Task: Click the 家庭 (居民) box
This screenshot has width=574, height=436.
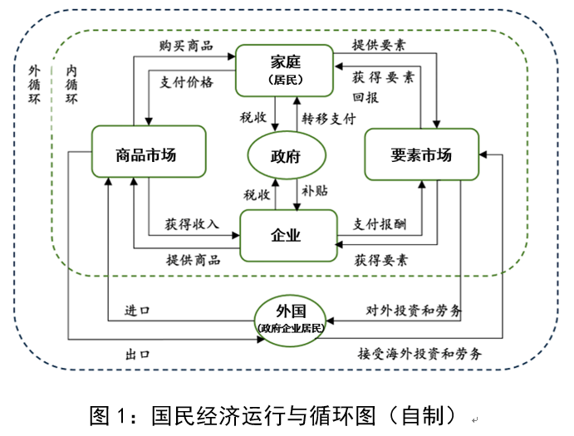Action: pyautogui.click(x=285, y=69)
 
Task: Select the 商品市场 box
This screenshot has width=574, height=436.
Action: pyautogui.click(x=147, y=153)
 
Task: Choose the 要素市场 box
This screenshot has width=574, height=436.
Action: pyautogui.click(x=421, y=154)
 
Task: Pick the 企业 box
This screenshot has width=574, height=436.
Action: pyautogui.click(x=287, y=235)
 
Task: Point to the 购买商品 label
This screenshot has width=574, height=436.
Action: pyautogui.click(x=186, y=44)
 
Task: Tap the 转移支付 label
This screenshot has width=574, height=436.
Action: pyautogui.click(x=329, y=118)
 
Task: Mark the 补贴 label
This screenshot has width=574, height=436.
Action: pyautogui.click(x=315, y=191)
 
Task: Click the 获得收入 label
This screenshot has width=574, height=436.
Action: pyautogui.click(x=191, y=223)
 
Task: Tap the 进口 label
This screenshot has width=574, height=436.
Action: pyautogui.click(x=137, y=311)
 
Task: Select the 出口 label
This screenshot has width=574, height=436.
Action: pyautogui.click(x=137, y=354)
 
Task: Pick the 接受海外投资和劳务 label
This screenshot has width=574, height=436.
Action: pyautogui.click(x=419, y=353)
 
